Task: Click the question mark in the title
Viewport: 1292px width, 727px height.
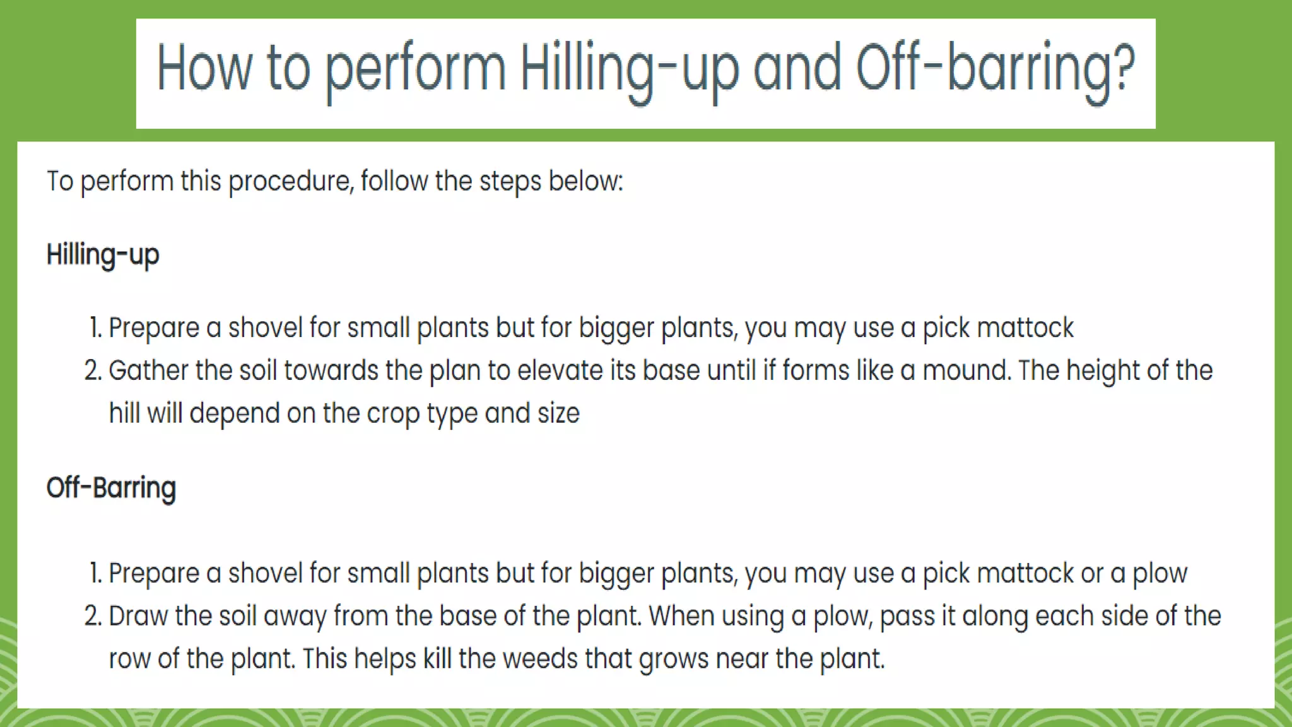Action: pos(1122,66)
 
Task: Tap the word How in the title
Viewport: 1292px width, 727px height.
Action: pos(203,68)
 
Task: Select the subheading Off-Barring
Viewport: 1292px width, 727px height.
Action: pos(111,488)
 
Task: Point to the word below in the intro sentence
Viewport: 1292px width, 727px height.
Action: pos(584,181)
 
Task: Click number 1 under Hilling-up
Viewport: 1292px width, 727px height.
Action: pos(95,328)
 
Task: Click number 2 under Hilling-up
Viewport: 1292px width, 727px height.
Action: pos(93,370)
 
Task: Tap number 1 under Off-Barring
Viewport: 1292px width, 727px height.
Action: pos(95,573)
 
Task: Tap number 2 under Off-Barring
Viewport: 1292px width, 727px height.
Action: pos(93,616)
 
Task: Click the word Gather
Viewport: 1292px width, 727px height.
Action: pos(148,370)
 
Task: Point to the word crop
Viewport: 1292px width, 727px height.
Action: pos(393,414)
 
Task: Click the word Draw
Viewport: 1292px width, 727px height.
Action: pos(138,616)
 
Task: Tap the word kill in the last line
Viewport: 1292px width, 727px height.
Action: pos(437,659)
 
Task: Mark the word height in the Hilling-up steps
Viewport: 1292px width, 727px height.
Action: pos(1103,370)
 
